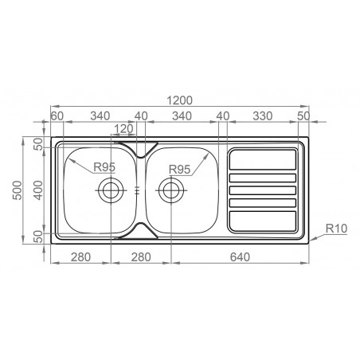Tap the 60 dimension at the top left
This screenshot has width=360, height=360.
[57, 116]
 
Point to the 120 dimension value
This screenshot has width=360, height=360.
[123, 129]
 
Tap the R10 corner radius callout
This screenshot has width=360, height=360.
[335, 229]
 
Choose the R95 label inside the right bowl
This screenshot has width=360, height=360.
[180, 168]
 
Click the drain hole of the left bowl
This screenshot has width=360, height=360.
[109, 190]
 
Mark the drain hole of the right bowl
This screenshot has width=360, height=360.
[170, 190]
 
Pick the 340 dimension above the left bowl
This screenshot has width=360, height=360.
[100, 116]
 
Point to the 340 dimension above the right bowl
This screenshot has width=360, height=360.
[182, 116]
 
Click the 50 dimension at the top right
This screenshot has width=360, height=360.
[303, 116]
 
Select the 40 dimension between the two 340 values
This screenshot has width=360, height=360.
[141, 116]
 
